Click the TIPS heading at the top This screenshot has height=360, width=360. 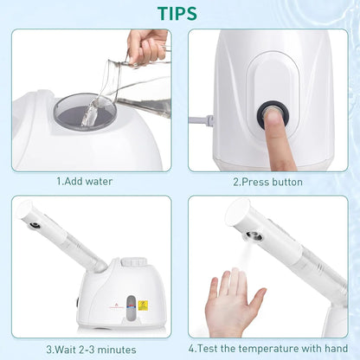(x=178, y=13)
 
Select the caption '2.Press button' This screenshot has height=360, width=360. (x=267, y=182)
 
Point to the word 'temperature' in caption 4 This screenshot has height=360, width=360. (x=272, y=348)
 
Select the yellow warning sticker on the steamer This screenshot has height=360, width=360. (x=143, y=305)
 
